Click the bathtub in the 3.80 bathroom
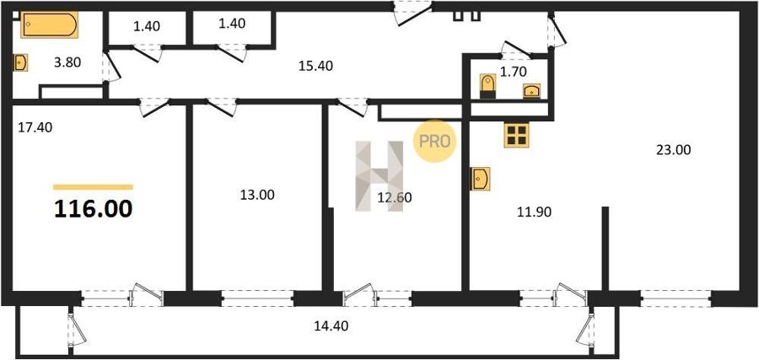[x=49, y=24]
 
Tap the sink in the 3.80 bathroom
[x=20, y=62]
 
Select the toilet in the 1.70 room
[x=488, y=86]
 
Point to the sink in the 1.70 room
[x=531, y=90]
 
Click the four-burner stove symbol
[x=516, y=135]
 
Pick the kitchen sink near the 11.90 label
[x=480, y=179]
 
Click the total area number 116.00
[x=93, y=209]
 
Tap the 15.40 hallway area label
[x=315, y=66]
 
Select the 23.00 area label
[x=673, y=150]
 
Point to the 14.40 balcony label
[x=331, y=326]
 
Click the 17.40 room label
[x=35, y=128]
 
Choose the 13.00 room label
[x=257, y=195]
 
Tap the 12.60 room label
[x=395, y=197]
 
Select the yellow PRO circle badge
[x=434, y=142]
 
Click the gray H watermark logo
[x=379, y=176]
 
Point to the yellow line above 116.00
[x=93, y=187]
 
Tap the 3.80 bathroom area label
[x=67, y=62]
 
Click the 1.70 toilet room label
[x=513, y=73]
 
